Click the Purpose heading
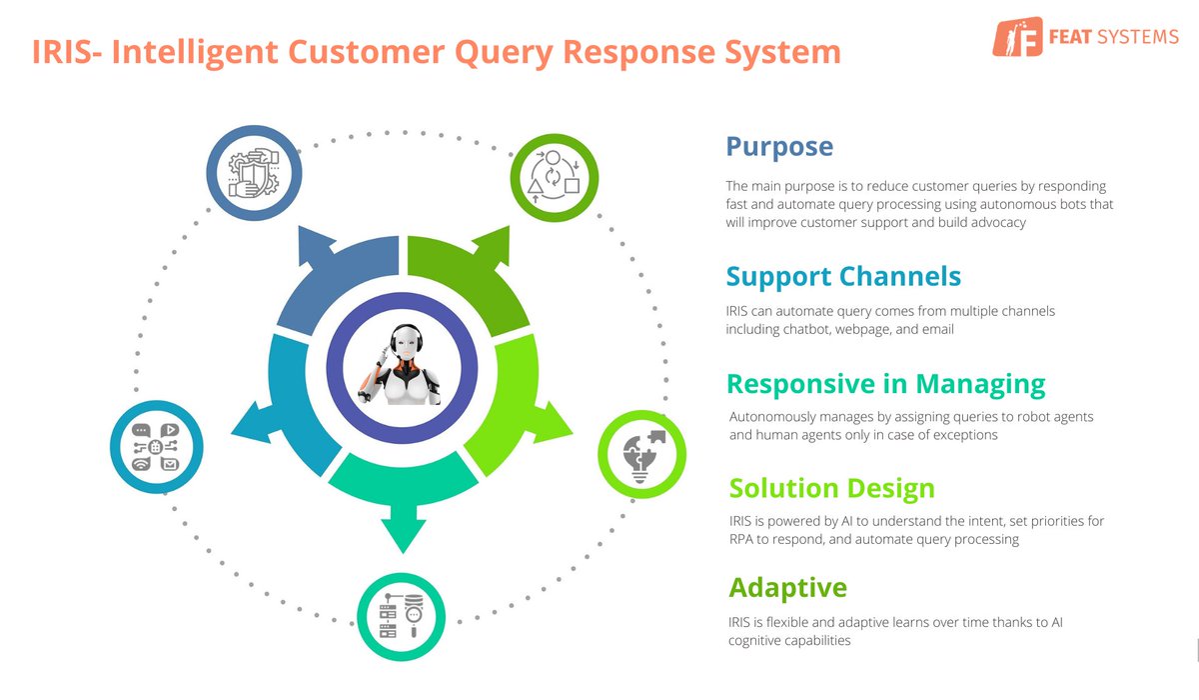coord(779,147)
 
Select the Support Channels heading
coord(843,276)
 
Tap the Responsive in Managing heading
coord(885,384)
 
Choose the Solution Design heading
coord(831,488)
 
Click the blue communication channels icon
coord(157,447)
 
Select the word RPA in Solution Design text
coord(744,539)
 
